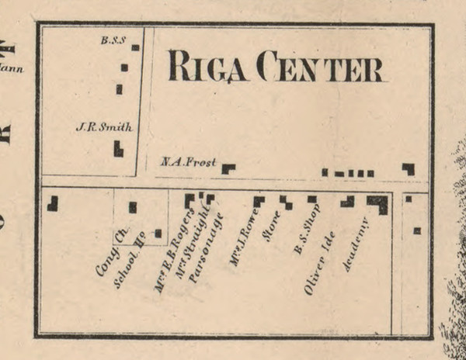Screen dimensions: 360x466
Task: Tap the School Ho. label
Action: click(130, 264)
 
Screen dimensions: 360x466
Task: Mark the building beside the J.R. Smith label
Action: click(118, 148)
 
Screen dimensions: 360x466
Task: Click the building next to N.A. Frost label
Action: click(228, 168)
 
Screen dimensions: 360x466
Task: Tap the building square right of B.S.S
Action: click(135, 47)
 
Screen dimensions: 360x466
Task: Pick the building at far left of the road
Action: click(53, 203)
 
